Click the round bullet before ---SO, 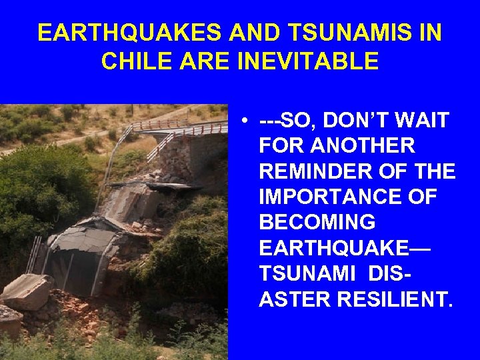246,121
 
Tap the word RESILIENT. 393,299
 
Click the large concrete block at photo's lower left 25,292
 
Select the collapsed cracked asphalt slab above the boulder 93,237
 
